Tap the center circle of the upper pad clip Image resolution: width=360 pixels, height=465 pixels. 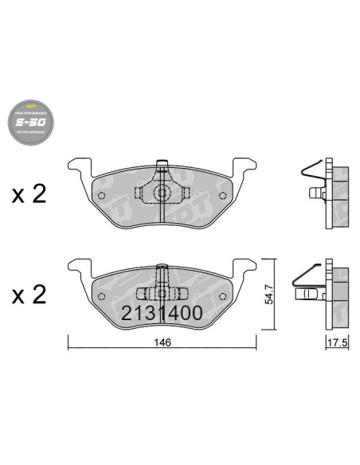tap(162, 193)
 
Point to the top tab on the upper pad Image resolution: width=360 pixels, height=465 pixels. tap(162, 165)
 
